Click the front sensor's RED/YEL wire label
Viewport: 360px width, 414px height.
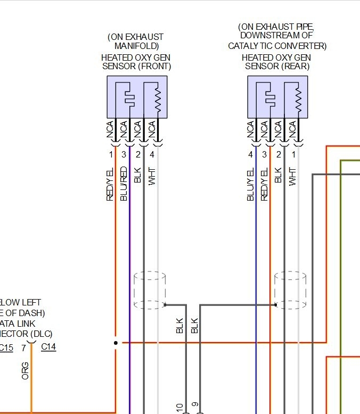[x=111, y=184]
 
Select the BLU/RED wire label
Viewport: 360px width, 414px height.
[x=124, y=184]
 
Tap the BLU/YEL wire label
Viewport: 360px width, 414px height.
[x=251, y=184]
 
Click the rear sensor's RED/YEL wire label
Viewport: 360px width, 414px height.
[x=264, y=184]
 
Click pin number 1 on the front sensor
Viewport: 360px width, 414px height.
[x=111, y=155]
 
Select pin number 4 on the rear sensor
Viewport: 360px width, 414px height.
[x=250, y=155]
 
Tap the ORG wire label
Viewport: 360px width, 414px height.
[x=25, y=370]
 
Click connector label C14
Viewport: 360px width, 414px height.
[x=48, y=347]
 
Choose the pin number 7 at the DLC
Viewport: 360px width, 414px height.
[x=23, y=347]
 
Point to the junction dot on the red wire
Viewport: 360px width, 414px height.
[x=116, y=343]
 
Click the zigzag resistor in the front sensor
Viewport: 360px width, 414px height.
[x=158, y=98]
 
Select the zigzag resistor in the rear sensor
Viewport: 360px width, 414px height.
[x=298, y=98]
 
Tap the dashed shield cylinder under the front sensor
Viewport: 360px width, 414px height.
[x=150, y=291]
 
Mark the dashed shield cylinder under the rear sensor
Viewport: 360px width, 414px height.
[x=290, y=291]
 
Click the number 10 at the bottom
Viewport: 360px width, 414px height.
[x=180, y=407]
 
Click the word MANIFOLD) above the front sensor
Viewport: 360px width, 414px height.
[x=136, y=46]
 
